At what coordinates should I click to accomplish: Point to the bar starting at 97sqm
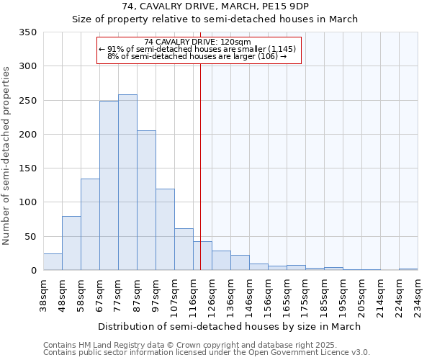click(x=165, y=230)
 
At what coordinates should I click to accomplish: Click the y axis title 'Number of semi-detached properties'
click(x=7, y=155)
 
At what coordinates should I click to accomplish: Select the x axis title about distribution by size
click(x=230, y=326)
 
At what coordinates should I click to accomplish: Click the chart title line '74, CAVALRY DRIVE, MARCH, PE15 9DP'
click(x=215, y=6)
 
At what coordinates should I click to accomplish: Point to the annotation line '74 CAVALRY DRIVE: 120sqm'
click(x=197, y=42)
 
